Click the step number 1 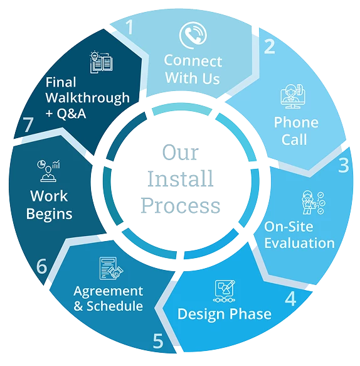pyautogui.click(x=129, y=27)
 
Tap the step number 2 pyautogui.click(x=270, y=46)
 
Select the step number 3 pyautogui.click(x=344, y=165)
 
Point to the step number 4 pyautogui.click(x=290, y=298)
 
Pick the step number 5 pyautogui.click(x=158, y=341)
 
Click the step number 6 pyautogui.click(x=42, y=266)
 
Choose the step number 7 pyautogui.click(x=28, y=124)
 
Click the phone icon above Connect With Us pyautogui.click(x=193, y=35)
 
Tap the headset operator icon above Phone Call pyautogui.click(x=293, y=96)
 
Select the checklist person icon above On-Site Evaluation pyautogui.click(x=313, y=202)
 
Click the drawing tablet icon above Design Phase pyautogui.click(x=225, y=291)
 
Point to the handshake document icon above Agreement pyautogui.click(x=112, y=268)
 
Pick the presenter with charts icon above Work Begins pyautogui.click(x=48, y=171)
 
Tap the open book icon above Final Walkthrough pyautogui.click(x=101, y=62)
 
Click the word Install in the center pyautogui.click(x=181, y=178)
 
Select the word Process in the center pyautogui.click(x=181, y=205)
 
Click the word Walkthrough pyautogui.click(x=87, y=98)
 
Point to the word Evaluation pyautogui.click(x=300, y=243)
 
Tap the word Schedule pyautogui.click(x=115, y=306)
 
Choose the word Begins pyautogui.click(x=49, y=214)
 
